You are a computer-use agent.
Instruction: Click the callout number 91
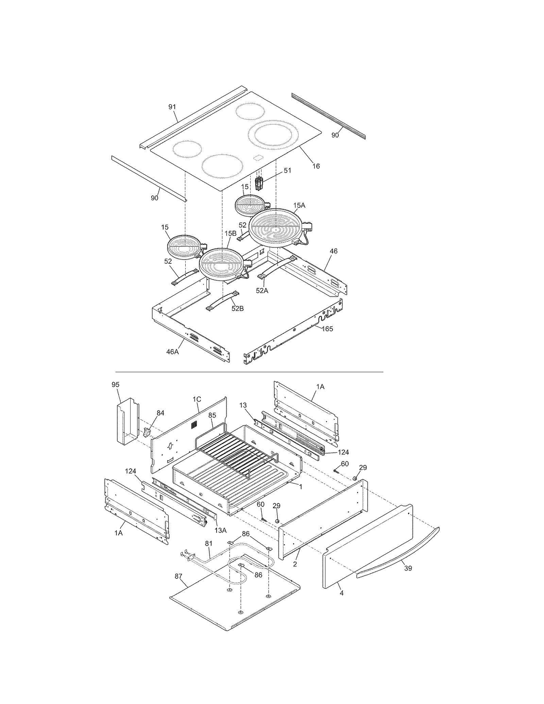pyautogui.click(x=172, y=107)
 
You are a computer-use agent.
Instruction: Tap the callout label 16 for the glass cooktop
pyautogui.click(x=316, y=166)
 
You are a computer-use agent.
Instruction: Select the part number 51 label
pyautogui.click(x=288, y=171)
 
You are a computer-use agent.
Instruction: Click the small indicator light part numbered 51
pyautogui.click(x=259, y=184)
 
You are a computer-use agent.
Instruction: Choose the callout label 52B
pyautogui.click(x=237, y=309)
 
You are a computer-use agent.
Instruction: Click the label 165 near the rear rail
pyautogui.click(x=327, y=329)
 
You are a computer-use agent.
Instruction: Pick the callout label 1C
pyautogui.click(x=197, y=399)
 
